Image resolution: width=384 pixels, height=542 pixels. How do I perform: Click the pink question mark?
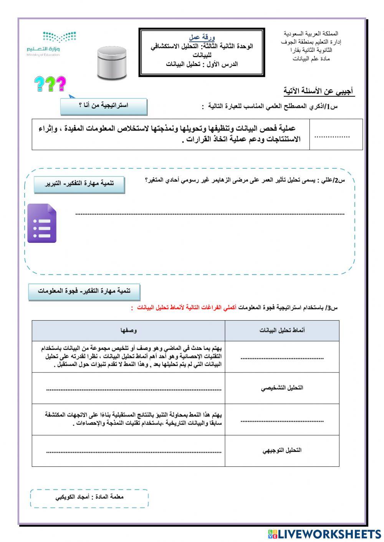[x=61, y=84]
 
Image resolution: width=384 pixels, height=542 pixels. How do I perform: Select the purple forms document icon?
[x=42, y=223]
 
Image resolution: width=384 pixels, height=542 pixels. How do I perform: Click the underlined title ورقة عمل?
[x=202, y=38]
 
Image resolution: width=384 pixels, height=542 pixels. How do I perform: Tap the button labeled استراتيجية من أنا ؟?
[x=104, y=106]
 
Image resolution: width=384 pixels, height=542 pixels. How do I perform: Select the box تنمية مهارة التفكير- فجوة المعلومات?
[x=84, y=291]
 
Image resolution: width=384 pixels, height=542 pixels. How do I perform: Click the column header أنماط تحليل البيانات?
[x=282, y=330]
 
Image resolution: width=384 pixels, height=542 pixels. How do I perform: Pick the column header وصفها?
[x=128, y=330]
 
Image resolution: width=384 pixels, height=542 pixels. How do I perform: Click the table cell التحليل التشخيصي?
[x=282, y=388]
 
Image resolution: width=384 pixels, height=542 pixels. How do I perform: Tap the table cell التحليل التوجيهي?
[x=282, y=450]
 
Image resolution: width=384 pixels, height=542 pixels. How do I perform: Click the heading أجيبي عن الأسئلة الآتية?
[x=318, y=92]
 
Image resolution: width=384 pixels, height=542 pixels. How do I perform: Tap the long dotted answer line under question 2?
[x=210, y=214]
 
